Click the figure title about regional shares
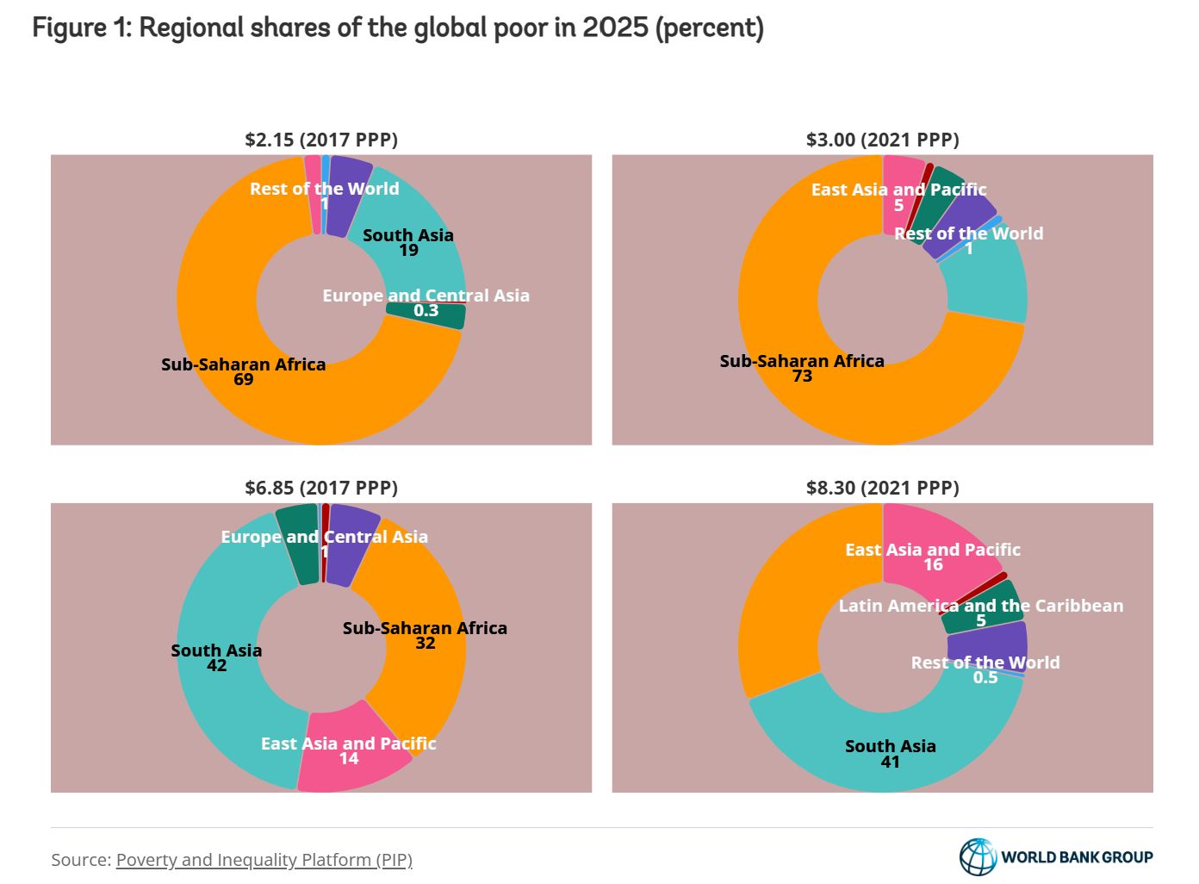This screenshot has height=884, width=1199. [x=398, y=28]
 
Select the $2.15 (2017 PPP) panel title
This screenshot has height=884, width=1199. [x=321, y=140]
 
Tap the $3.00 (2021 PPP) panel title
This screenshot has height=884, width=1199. [x=882, y=140]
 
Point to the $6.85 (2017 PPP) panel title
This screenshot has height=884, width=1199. [x=321, y=488]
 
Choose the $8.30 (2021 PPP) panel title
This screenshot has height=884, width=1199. [x=882, y=488]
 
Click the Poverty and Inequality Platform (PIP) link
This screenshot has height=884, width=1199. [x=264, y=860]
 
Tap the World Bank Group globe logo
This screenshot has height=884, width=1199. [x=978, y=856]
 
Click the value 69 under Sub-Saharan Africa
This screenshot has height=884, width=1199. [x=244, y=380]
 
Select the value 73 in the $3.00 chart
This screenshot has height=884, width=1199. [x=802, y=377]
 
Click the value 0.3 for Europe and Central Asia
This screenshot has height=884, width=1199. [x=426, y=311]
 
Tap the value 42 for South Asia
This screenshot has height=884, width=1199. [x=216, y=666]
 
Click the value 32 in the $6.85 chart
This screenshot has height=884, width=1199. [x=425, y=644]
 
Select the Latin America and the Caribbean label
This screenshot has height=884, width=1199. [x=980, y=606]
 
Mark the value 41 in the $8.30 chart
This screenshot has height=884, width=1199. [x=890, y=763]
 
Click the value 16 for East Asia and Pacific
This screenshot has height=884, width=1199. [x=933, y=565]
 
